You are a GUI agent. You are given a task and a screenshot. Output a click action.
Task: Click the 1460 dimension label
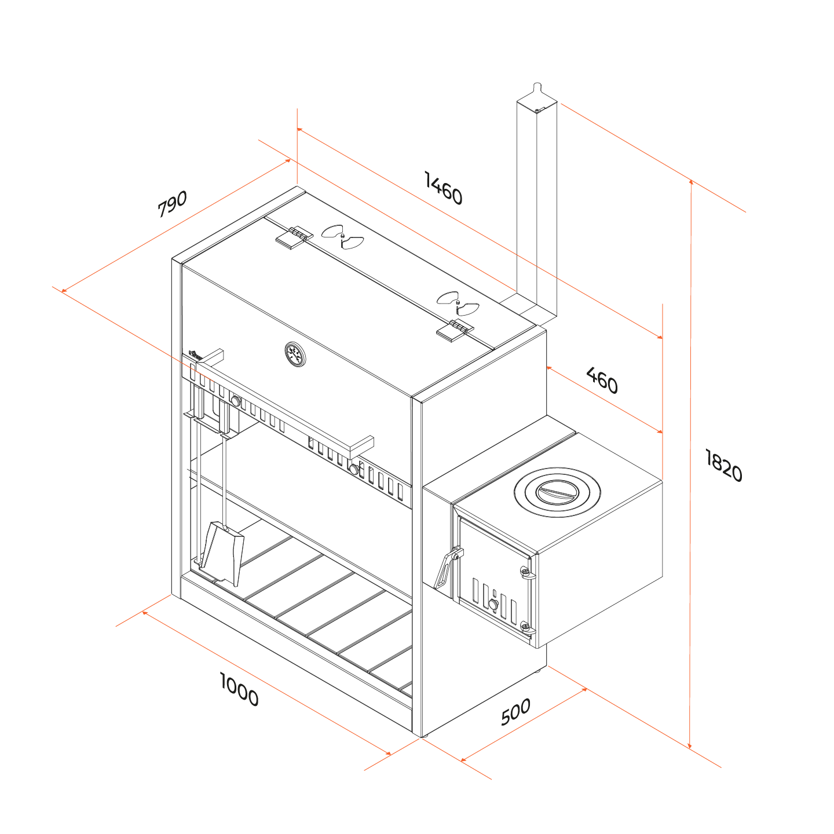[x=444, y=188]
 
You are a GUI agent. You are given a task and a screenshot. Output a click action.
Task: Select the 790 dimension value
[x=172, y=203]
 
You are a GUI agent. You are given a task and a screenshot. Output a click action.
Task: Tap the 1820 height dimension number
[x=723, y=465]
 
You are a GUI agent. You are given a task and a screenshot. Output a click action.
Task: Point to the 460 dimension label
[x=602, y=380]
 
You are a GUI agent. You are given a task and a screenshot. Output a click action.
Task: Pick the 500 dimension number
[x=515, y=712]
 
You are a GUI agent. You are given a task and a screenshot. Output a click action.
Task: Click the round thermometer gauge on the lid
[x=295, y=354]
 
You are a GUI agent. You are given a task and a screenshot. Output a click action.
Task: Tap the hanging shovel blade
[x=222, y=554]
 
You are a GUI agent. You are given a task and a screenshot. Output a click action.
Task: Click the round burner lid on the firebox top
[x=557, y=492]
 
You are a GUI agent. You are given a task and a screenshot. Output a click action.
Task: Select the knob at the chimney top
[x=537, y=86]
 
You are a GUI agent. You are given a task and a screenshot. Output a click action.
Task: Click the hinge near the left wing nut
[x=294, y=237]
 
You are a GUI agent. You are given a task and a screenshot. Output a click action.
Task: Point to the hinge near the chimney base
[x=455, y=330]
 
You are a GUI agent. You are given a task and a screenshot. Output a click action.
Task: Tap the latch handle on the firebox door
[x=447, y=568]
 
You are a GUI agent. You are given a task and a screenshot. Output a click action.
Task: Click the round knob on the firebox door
[x=493, y=605]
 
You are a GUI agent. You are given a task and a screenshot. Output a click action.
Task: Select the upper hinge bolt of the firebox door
[x=526, y=573]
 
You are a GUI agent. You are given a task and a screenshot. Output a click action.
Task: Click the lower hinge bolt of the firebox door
[x=526, y=625]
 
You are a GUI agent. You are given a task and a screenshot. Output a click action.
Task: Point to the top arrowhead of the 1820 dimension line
[x=691, y=182]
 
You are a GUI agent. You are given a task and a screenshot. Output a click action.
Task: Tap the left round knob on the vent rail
[x=236, y=401]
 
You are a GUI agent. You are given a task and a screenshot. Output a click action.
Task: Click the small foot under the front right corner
[x=425, y=736]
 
